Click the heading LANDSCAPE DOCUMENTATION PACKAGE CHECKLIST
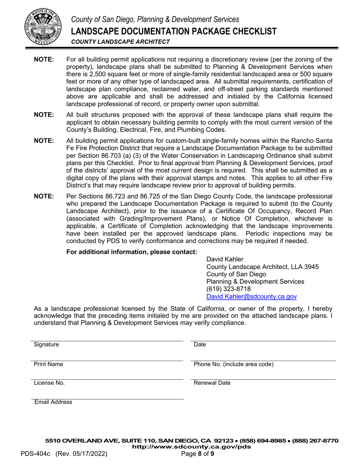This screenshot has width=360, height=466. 174,31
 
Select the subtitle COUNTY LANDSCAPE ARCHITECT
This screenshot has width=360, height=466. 121,42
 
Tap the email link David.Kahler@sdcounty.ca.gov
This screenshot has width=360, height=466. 251,297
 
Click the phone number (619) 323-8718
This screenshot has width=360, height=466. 228,289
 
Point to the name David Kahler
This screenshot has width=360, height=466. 225,259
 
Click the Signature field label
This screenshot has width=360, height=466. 46,344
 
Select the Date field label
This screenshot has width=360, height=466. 200,344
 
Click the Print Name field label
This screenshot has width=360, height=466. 49,364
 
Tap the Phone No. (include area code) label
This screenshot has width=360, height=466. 233,364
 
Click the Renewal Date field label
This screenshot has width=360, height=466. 212,383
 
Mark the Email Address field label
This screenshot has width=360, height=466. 53,402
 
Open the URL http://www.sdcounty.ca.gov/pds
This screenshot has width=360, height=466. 191,447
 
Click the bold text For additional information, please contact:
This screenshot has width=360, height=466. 131,252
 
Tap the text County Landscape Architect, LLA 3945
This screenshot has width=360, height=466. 262,267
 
